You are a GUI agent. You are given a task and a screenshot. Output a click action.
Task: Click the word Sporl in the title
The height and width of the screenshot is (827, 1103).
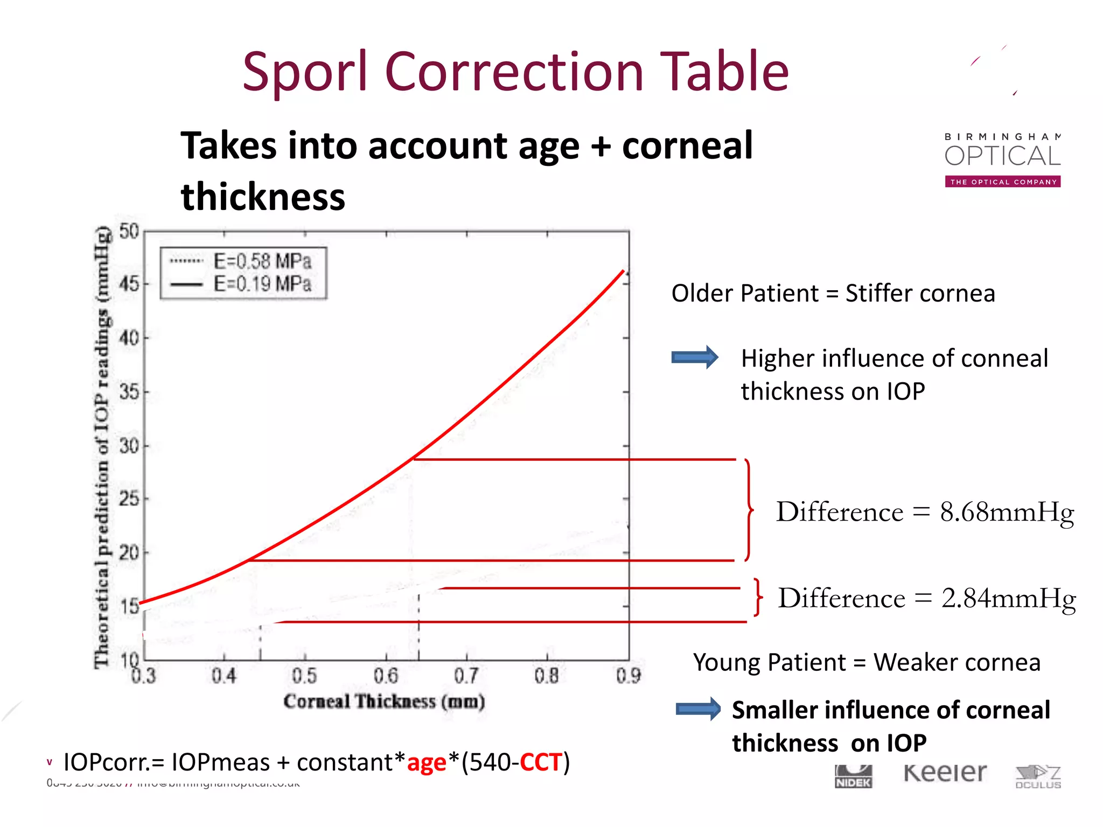coord(305,72)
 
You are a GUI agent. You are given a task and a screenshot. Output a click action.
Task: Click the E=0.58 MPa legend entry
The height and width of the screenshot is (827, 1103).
coord(262,261)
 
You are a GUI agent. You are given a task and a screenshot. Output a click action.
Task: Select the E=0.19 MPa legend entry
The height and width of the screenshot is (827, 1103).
coord(262,284)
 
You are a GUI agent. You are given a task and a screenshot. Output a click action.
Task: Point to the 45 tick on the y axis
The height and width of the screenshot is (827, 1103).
coord(130,284)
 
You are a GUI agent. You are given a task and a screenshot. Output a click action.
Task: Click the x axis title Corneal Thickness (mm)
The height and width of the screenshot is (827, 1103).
coord(384,702)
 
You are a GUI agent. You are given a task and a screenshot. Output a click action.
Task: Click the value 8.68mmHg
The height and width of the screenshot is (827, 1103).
coord(1007,512)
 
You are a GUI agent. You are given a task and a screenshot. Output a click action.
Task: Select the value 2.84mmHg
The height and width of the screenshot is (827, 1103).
coord(1008,599)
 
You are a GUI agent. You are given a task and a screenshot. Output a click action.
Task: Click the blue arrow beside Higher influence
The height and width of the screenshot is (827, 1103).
coord(694,358)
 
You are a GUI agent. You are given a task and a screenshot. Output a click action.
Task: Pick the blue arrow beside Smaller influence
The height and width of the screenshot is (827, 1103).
coord(698,709)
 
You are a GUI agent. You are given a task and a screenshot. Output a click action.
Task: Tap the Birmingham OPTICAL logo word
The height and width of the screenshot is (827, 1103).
coord(1002,156)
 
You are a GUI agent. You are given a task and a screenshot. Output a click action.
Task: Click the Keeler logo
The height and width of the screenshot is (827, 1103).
coord(945,773)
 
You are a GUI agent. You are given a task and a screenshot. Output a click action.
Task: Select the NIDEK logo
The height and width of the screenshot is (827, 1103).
coord(853,777)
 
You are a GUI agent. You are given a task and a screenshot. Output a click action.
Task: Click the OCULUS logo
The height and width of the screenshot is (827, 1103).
coord(1038,777)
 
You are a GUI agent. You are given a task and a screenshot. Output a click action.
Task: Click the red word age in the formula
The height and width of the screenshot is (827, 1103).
coord(427,763)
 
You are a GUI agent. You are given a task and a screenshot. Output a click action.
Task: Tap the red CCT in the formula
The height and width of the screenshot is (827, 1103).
coord(541,762)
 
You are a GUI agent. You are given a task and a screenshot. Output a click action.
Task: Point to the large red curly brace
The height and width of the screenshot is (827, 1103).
coord(748,509)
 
